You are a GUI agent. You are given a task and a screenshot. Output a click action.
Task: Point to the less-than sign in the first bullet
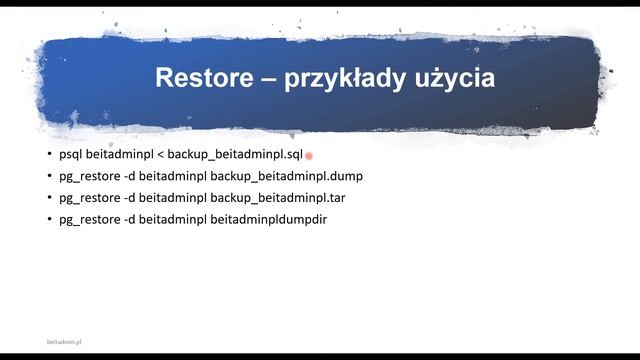tap(159, 155)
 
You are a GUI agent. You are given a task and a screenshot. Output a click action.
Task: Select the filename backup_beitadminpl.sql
tap(234, 155)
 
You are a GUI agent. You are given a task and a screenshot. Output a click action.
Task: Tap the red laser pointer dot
tap(310, 156)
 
